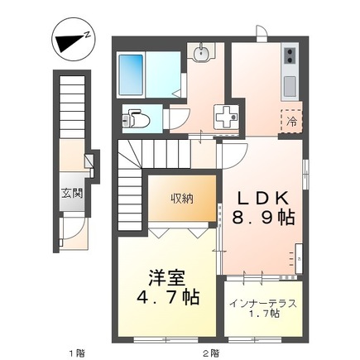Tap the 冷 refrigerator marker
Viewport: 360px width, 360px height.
pyautogui.click(x=291, y=120)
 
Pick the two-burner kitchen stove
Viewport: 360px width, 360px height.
pyautogui.click(x=290, y=57)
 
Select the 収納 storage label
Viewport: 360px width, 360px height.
pyautogui.click(x=183, y=197)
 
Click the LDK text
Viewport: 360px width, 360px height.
pyautogui.click(x=263, y=199)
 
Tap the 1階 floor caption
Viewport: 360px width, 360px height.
pyautogui.click(x=76, y=353)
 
